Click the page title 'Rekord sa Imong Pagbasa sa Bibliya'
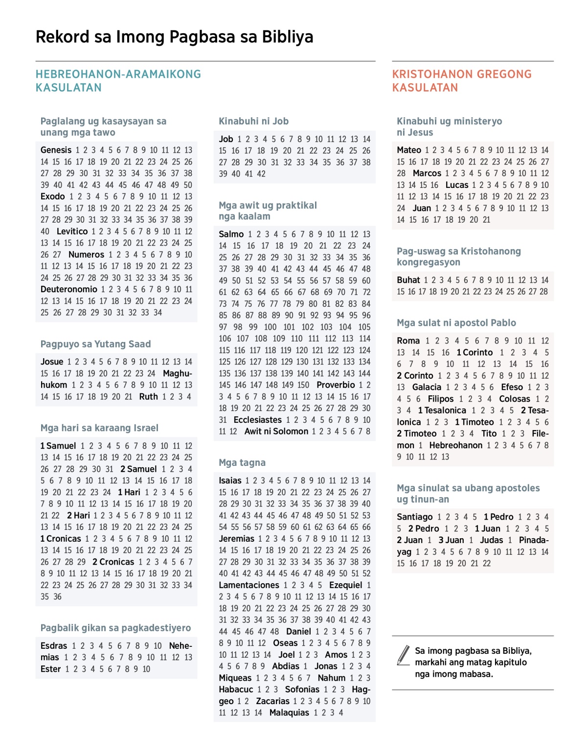pyautogui.click(x=174, y=37)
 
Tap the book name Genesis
pyautogui.click(x=56, y=150)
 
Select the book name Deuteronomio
pyautogui.click(x=69, y=289)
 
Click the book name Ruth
pyautogui.click(x=148, y=397)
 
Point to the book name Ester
pyautogui.click(x=51, y=669)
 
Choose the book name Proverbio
pyautogui.click(x=336, y=385)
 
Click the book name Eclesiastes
pyautogui.click(x=257, y=420)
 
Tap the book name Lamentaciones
pyautogui.click(x=248, y=585)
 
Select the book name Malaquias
pyautogui.click(x=289, y=712)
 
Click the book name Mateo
pyautogui.click(x=409, y=150)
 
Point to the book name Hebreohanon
pyautogui.click(x=455, y=445)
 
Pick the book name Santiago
pyautogui.click(x=415, y=517)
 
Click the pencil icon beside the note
pyautogui.click(x=404, y=655)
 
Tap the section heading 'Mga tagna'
pyautogui.click(x=242, y=463)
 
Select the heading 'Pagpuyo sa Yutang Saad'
pyautogui.click(x=95, y=344)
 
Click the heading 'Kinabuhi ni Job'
pyautogui.click(x=253, y=121)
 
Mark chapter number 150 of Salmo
pyautogui.click(x=303, y=385)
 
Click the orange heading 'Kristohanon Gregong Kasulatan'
pyautogui.click(x=462, y=81)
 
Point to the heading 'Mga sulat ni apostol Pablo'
pyautogui.click(x=456, y=323)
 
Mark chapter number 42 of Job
pyautogui.click(x=261, y=174)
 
